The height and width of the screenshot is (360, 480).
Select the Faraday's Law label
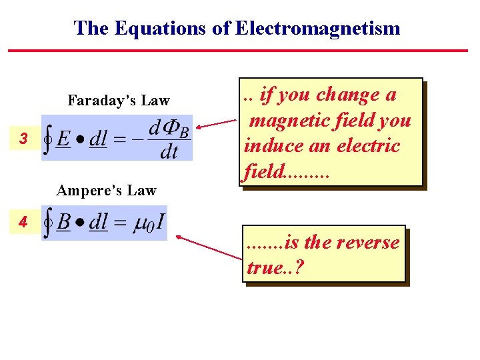point(119,101)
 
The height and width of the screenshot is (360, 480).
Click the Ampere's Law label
point(107,191)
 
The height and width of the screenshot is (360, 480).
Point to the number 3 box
point(23,139)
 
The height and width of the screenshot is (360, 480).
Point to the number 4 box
point(23,222)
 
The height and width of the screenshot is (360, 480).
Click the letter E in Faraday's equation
point(63,140)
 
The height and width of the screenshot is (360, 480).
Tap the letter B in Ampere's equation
point(63,223)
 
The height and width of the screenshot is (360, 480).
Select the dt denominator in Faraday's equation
point(169,153)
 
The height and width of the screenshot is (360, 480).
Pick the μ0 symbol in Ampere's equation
point(141,224)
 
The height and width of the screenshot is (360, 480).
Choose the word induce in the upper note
point(269,146)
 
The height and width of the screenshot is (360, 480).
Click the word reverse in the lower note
point(367,243)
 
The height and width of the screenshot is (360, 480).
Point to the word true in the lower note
point(263,267)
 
